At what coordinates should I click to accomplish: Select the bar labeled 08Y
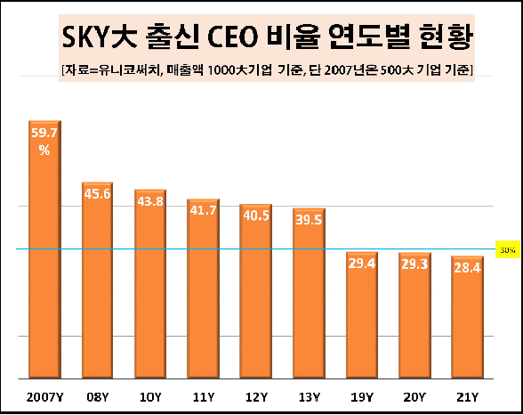(x=97, y=285)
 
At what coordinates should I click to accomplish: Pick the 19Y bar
(x=362, y=316)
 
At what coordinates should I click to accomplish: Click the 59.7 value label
(x=44, y=134)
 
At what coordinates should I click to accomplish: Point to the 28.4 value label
(x=467, y=267)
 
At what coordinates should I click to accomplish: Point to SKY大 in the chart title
(x=98, y=37)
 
